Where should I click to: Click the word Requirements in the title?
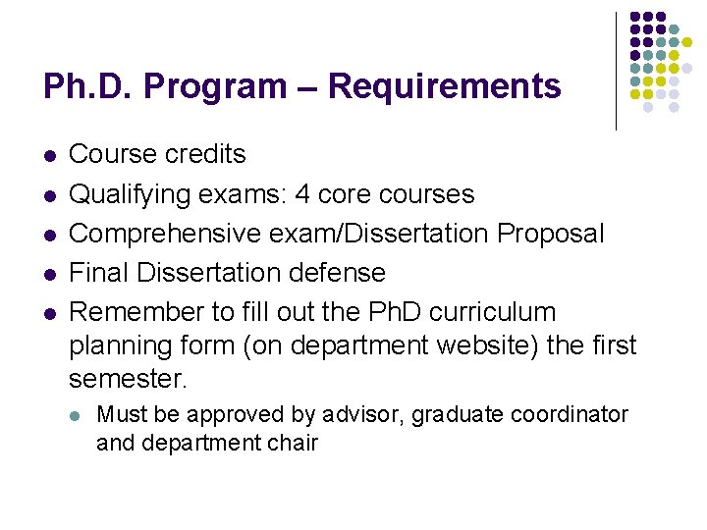(x=444, y=87)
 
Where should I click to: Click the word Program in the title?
(x=218, y=87)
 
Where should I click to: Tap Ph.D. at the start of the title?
(x=86, y=87)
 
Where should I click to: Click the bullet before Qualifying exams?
(x=49, y=196)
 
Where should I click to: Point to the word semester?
(x=129, y=379)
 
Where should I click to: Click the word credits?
(x=205, y=155)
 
